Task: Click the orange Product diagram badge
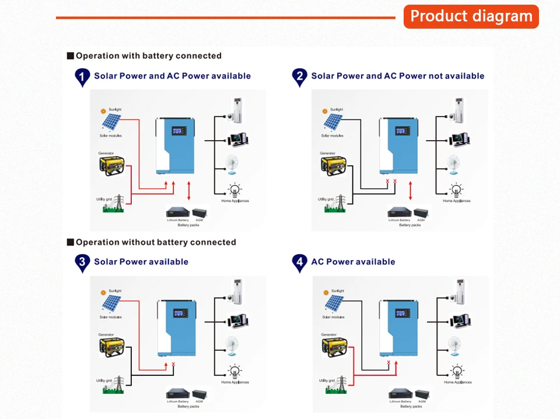[471, 16]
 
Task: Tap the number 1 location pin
[83, 77]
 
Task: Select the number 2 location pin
[300, 77]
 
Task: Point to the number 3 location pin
[83, 262]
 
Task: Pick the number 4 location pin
[300, 262]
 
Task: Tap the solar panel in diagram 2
[333, 122]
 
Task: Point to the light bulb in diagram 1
[235, 190]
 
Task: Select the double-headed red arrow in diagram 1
[189, 191]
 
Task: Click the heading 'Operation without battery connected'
[156, 242]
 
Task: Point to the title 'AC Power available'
[353, 262]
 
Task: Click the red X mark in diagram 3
[173, 365]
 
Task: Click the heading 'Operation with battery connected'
[148, 56]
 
